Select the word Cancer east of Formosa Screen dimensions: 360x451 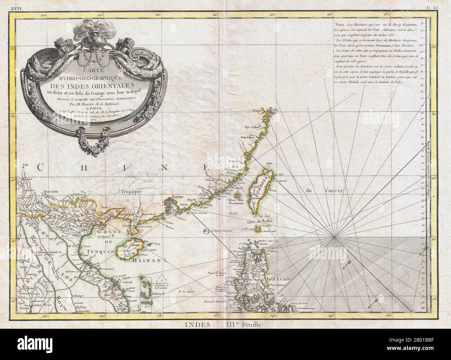click(x=333, y=191)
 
